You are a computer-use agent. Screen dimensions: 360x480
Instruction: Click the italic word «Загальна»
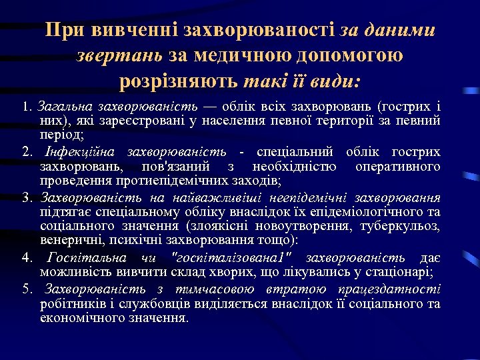(65, 107)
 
